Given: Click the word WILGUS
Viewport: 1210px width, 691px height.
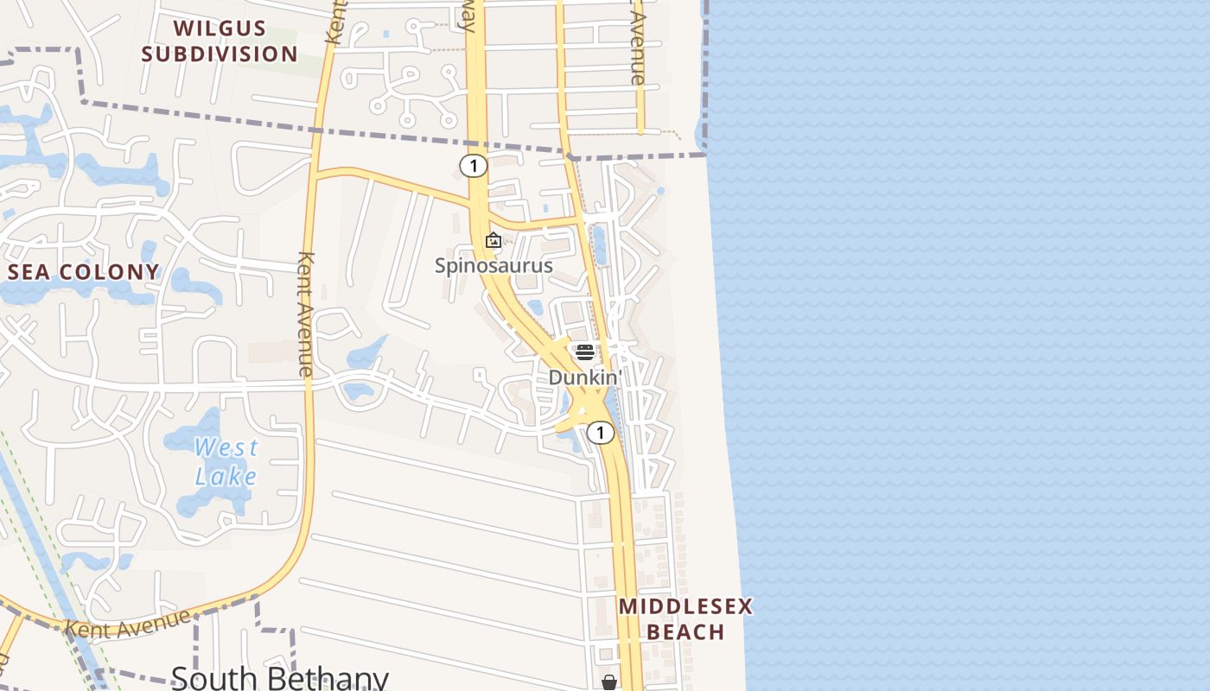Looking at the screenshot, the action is [220, 28].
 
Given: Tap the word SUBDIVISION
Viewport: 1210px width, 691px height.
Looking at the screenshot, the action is [220, 54].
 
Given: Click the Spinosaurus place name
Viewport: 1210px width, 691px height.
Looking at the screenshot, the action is [493, 265].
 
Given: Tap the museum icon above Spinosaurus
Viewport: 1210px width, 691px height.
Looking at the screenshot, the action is [494, 240].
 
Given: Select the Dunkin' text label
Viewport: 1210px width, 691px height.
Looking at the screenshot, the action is [585, 377].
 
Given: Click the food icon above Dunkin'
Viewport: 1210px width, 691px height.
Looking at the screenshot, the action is [585, 352].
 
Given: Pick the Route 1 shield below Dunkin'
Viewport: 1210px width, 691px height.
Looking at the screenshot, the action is [600, 433].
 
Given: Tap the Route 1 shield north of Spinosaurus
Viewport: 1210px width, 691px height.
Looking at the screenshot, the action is [473, 165].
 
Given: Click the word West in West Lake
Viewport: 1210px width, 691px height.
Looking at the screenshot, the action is [226, 447].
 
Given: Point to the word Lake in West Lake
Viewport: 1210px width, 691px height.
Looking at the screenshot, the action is [226, 476].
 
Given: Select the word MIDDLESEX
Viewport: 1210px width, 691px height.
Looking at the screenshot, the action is [685, 606].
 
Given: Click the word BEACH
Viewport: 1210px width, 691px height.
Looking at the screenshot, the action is [685, 632].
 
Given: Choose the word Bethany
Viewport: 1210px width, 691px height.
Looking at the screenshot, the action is [333, 678].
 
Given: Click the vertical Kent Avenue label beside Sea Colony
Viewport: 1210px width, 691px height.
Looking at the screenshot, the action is [304, 313].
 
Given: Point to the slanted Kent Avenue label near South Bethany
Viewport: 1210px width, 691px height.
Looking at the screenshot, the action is [127, 624].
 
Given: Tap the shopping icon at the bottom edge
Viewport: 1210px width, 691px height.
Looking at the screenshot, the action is [609, 682].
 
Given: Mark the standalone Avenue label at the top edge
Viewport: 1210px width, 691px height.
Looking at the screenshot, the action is [638, 48].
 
